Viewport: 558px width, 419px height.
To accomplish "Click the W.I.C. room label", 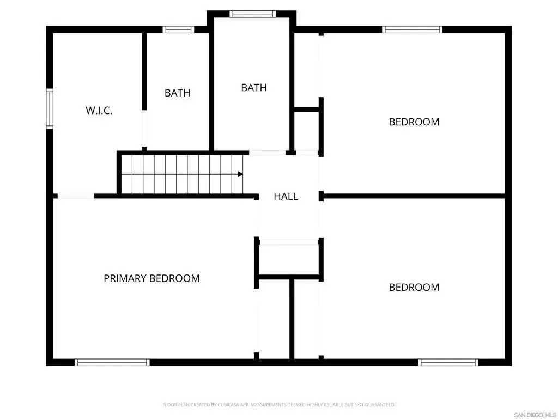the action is coord(99,110).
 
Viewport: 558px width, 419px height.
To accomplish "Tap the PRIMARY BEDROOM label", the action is coord(151,278).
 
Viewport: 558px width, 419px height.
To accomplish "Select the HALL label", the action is coord(286,196).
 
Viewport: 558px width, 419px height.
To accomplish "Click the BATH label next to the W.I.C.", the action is coord(177,93).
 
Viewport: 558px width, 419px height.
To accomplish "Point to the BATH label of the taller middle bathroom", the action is coord(254,88).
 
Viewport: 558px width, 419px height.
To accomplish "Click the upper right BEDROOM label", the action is coord(414,122).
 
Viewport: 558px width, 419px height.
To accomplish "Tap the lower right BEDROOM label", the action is coord(414,287).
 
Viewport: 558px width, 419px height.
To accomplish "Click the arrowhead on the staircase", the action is coord(240,174).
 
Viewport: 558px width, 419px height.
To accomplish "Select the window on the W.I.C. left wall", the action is coord(50,109).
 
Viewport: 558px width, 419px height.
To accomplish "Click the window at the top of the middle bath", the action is coord(252,14).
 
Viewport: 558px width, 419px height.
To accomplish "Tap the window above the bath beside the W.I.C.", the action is coord(178,29).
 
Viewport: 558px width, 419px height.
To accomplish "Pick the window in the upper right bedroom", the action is coord(412,29).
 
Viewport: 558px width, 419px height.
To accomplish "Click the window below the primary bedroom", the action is coord(112,362).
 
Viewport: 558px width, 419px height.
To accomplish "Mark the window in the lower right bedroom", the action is coord(448,362).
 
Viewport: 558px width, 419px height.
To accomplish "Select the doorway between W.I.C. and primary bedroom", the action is coord(76,196).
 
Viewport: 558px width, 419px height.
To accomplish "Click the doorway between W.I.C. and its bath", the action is coord(144,129).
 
